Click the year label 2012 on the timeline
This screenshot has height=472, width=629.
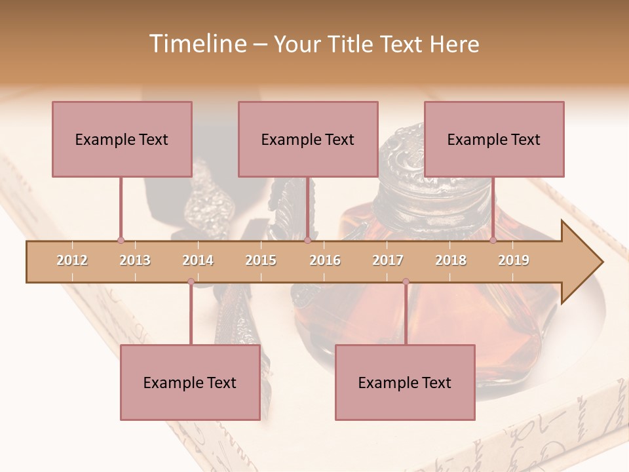[72, 260]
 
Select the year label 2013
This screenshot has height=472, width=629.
[135, 260]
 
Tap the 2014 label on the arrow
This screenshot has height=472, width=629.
[198, 260]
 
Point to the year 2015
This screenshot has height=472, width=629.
[261, 260]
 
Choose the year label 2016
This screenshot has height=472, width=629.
[325, 260]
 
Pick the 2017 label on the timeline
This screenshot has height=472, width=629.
[388, 260]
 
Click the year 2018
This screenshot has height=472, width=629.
[451, 260]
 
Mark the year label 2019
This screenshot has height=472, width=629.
[514, 260]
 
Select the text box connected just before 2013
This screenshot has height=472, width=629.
[122, 139]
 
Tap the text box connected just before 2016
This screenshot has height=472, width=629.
[308, 139]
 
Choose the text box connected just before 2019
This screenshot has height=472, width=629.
[494, 139]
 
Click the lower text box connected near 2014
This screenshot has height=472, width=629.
[190, 382]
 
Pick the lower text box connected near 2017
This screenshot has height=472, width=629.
[405, 382]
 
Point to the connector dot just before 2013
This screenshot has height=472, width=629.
[121, 241]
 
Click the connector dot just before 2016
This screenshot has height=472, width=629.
[307, 241]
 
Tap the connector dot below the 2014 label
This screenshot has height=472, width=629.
[191, 282]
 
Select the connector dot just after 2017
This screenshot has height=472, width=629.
[406, 282]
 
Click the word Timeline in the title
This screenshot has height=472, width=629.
[197, 44]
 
